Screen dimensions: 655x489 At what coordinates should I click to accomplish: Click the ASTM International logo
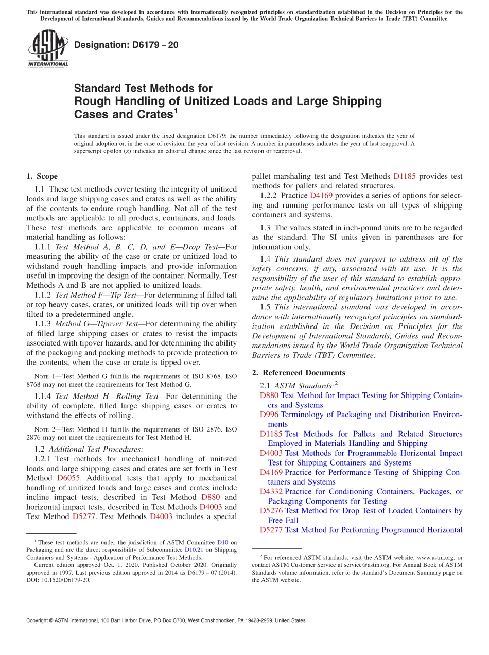point(48,49)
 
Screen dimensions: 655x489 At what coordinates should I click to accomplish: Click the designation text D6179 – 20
point(126,45)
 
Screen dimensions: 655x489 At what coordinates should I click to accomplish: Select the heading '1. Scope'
point(42,176)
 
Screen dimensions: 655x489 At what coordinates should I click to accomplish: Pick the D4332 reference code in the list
point(271,492)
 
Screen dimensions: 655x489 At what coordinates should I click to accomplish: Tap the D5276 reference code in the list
point(271,511)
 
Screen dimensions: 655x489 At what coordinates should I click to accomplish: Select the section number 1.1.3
point(43,324)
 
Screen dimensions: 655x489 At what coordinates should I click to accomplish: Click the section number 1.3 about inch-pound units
point(266,228)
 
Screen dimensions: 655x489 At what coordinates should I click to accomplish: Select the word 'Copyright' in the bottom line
point(39,620)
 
